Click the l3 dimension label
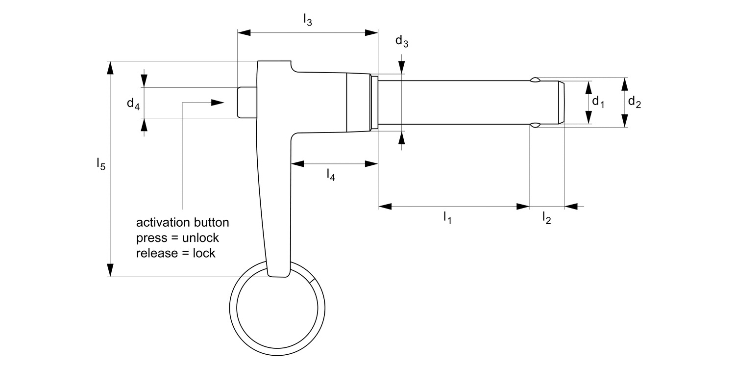307,20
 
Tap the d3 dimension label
402,42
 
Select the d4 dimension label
133,103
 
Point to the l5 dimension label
100,164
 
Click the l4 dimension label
331,175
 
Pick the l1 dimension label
447,217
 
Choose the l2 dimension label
546,217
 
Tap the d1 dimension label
598,102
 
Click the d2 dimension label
634,102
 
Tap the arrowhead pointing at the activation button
217,103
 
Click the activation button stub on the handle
246,103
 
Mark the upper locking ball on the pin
536,79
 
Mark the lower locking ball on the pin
536,126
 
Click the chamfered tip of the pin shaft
562,103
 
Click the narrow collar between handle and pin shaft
374,103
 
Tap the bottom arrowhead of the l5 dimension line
111,270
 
